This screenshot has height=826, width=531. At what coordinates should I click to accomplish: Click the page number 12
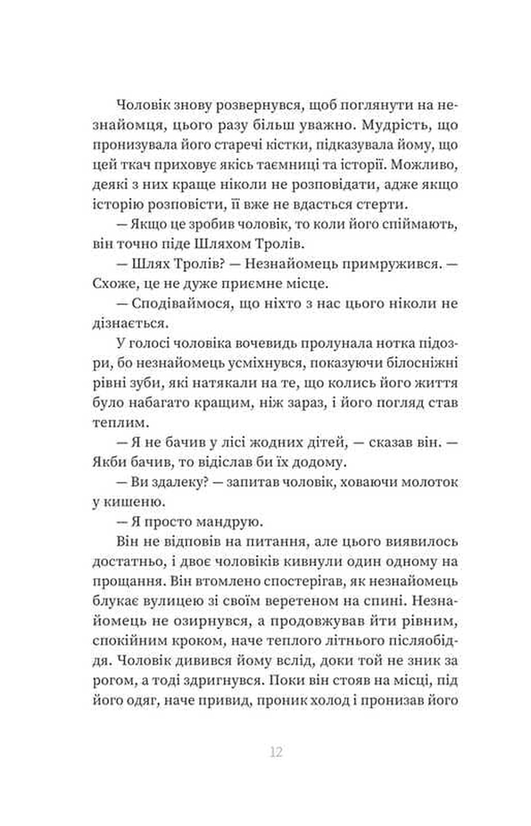(276, 751)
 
